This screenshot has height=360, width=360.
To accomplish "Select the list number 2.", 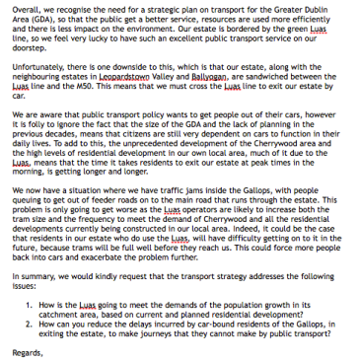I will [x=28, y=323].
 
